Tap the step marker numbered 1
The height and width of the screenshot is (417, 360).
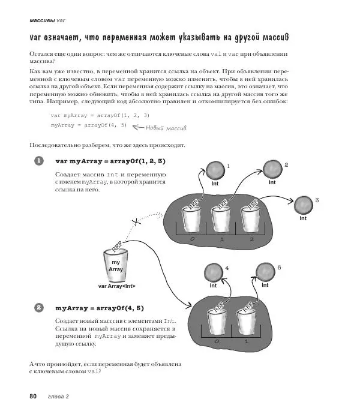tap(39, 161)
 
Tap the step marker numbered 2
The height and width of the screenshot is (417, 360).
tap(39, 308)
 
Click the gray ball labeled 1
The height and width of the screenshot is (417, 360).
tap(214, 170)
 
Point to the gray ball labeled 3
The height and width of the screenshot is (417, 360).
tap(304, 203)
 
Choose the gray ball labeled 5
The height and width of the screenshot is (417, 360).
tap(265, 271)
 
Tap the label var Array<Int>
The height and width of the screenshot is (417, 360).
tap(116, 286)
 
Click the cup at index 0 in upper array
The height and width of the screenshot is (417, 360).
tap(190, 220)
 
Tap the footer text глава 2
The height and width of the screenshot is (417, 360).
tap(59, 397)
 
